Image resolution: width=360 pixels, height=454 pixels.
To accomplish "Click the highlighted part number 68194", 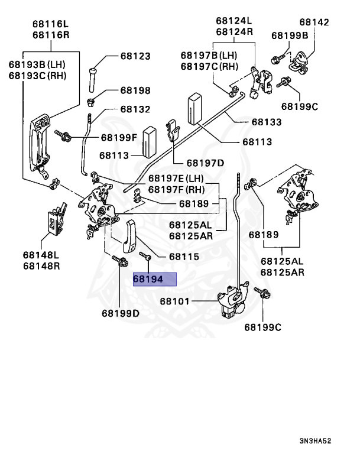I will (x=155, y=279).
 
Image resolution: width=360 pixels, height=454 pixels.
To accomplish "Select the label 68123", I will (x=135, y=57).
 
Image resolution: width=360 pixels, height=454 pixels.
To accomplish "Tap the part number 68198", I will (x=135, y=91).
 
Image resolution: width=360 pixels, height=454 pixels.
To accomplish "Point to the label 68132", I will (x=135, y=110).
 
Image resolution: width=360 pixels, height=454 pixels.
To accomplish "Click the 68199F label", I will (x=118, y=138).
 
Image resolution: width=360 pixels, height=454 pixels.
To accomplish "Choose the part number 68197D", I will (x=205, y=163).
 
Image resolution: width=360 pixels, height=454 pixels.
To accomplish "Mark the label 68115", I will (x=183, y=257).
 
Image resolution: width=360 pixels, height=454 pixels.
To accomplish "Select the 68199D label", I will (x=120, y=313).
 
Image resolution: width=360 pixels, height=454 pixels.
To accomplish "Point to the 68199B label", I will (x=290, y=35).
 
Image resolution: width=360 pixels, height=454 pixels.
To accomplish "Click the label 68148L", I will (x=42, y=255).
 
